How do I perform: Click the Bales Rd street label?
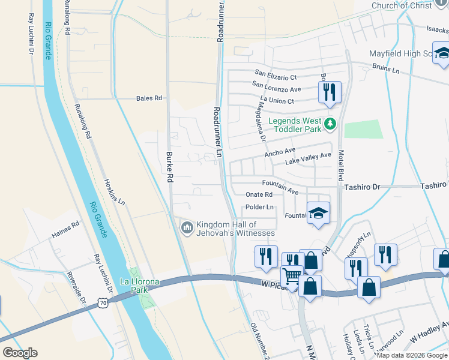[x=149, y=98]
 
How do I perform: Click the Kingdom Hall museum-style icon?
[x=187, y=227]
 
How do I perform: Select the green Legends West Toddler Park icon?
[x=329, y=124]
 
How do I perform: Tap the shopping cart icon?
[x=292, y=277]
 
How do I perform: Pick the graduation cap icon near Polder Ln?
[x=318, y=212]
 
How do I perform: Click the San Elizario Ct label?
[x=275, y=77]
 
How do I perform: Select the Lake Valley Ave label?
[x=308, y=159]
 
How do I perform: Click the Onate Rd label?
[x=259, y=194]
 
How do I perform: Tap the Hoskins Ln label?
[x=114, y=190]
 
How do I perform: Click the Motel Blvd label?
[x=340, y=166]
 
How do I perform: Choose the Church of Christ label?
[x=402, y=5]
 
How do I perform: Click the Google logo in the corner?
[x=20, y=353]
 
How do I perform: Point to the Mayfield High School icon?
[x=442, y=53]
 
